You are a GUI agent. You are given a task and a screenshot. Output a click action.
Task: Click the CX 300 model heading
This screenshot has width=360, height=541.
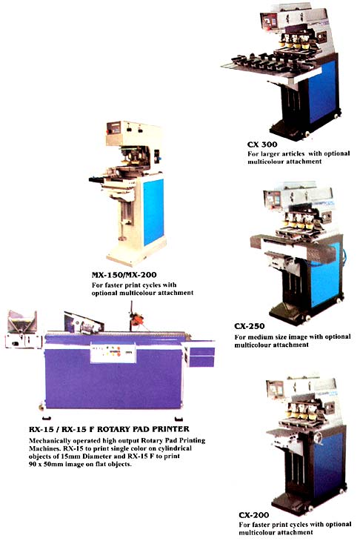click(262, 145)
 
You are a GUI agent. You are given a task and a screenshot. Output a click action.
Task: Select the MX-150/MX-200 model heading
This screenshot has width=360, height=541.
click(124, 275)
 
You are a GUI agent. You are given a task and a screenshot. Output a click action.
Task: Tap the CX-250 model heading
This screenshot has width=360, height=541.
click(250, 326)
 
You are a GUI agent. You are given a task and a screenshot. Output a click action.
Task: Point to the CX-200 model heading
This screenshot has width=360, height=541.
click(254, 515)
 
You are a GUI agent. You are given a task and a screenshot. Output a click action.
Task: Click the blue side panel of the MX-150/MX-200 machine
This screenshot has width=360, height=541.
click(153, 211)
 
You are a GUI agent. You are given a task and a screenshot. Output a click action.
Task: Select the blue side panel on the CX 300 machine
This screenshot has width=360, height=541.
click(322, 91)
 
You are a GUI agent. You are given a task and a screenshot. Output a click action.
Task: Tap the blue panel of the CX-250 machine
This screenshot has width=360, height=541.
click(325, 276)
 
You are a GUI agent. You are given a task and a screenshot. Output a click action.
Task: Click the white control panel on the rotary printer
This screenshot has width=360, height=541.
click(113, 353)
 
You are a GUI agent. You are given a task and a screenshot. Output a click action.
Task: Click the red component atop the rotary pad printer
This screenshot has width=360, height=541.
click(138, 320)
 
